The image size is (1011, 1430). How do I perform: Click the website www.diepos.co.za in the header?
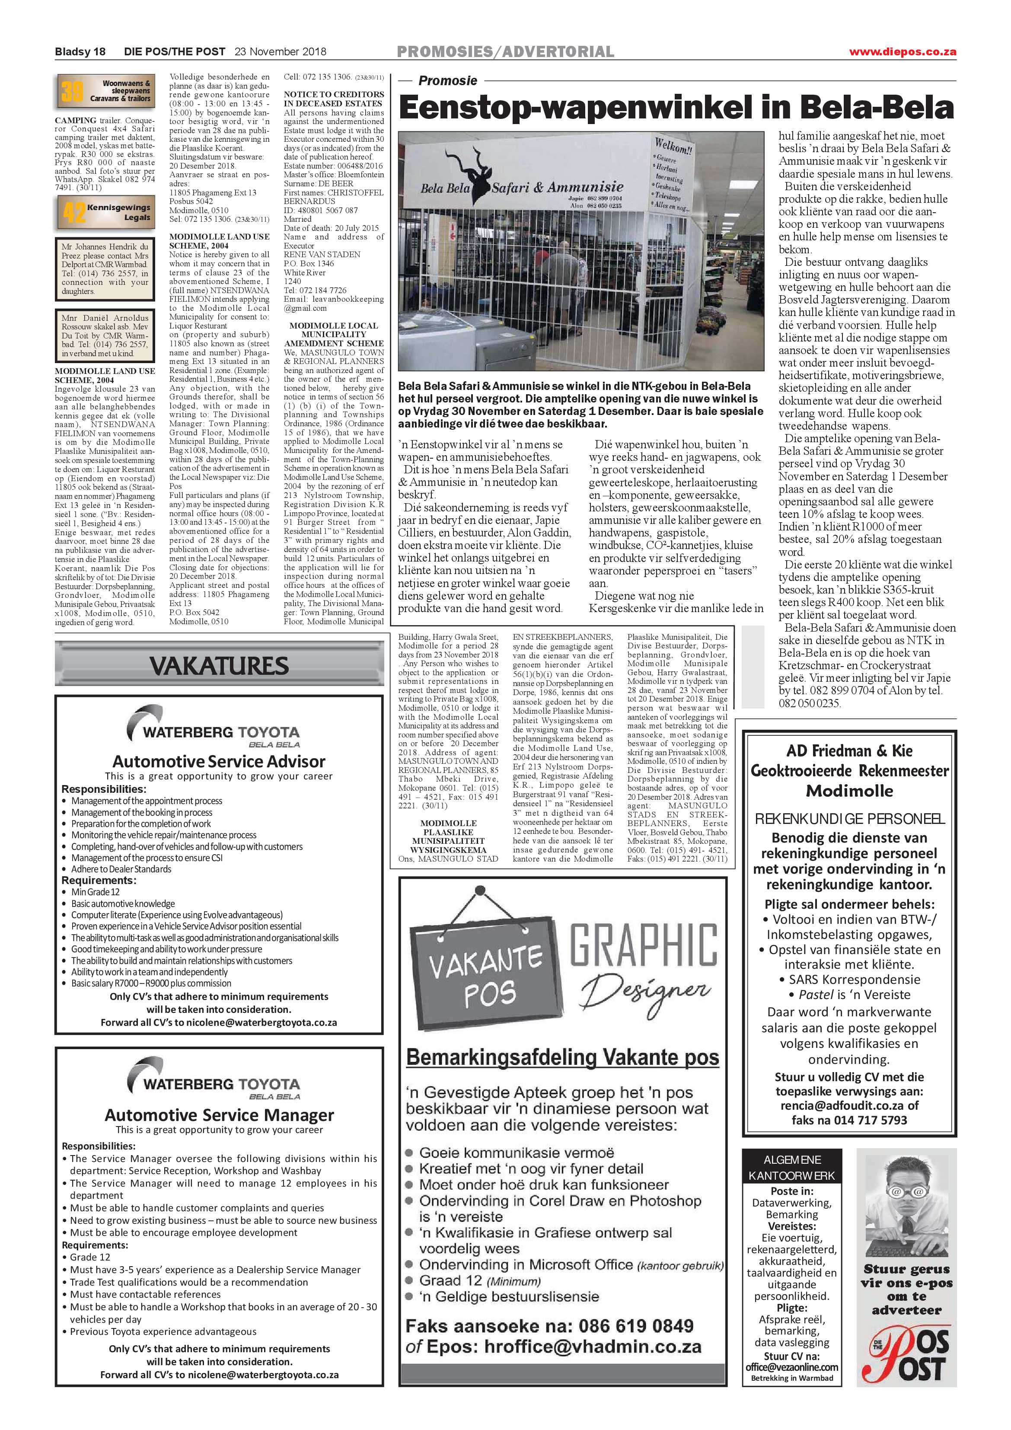click(x=902, y=52)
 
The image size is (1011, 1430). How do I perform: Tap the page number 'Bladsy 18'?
click(x=80, y=52)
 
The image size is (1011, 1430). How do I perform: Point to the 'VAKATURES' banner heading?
click(x=219, y=666)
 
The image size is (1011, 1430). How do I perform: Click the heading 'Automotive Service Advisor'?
click(x=219, y=761)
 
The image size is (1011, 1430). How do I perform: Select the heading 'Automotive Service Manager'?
click(x=219, y=1114)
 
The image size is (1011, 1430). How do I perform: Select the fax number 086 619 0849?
click(x=635, y=1325)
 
